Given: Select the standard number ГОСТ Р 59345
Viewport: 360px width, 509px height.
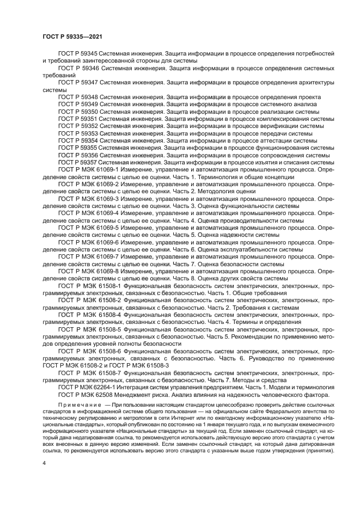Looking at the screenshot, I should pyautogui.click(x=78, y=55).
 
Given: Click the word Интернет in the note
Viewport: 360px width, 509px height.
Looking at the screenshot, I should pyautogui.click(x=192, y=419).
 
